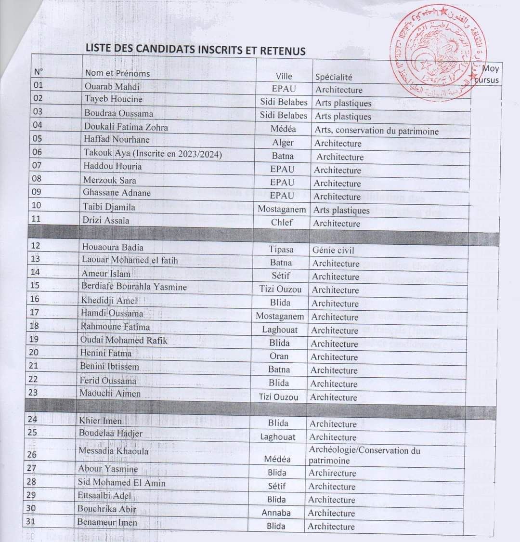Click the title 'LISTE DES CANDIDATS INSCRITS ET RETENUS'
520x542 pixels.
tap(195, 49)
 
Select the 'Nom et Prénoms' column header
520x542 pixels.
tap(117, 73)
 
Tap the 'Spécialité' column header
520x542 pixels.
tap(334, 77)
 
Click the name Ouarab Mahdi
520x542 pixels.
tap(112, 87)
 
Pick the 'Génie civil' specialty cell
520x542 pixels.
tap(333, 250)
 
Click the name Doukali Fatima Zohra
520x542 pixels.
tap(126, 127)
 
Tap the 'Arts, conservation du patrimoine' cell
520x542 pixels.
tap(377, 130)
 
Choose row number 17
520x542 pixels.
tap(34, 312)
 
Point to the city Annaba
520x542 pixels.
tap(276, 513)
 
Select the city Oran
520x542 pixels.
tap(279, 357)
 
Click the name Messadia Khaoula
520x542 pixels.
tap(114, 451)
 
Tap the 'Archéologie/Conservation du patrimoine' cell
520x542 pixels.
tap(364, 455)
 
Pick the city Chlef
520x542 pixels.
tap(282, 222)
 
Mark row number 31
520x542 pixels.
tap(32, 521)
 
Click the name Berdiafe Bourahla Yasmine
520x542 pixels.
tap(134, 286)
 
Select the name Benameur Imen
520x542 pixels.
tap(107, 522)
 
